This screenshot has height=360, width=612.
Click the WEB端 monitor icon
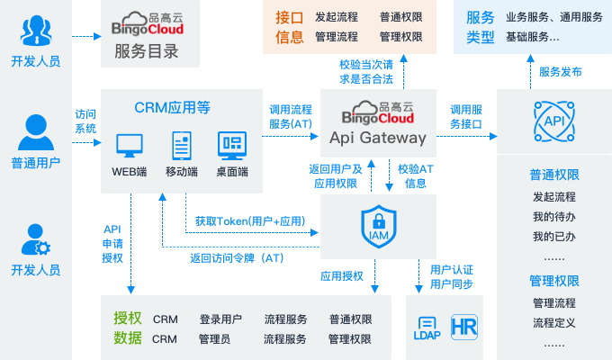(130, 145)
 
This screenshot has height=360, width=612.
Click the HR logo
(463, 326)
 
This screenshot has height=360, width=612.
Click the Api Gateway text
(378, 138)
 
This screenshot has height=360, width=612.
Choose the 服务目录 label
(146, 51)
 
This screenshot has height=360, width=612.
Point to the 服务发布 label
(560, 72)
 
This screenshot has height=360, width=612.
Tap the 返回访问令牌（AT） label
(238, 257)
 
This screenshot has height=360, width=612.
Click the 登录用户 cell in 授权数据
(220, 319)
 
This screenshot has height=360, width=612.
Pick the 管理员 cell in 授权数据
(214, 339)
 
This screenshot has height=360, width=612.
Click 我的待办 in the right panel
(553, 217)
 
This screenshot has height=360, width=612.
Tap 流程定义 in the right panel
(553, 322)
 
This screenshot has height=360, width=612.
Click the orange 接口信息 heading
(289, 27)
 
